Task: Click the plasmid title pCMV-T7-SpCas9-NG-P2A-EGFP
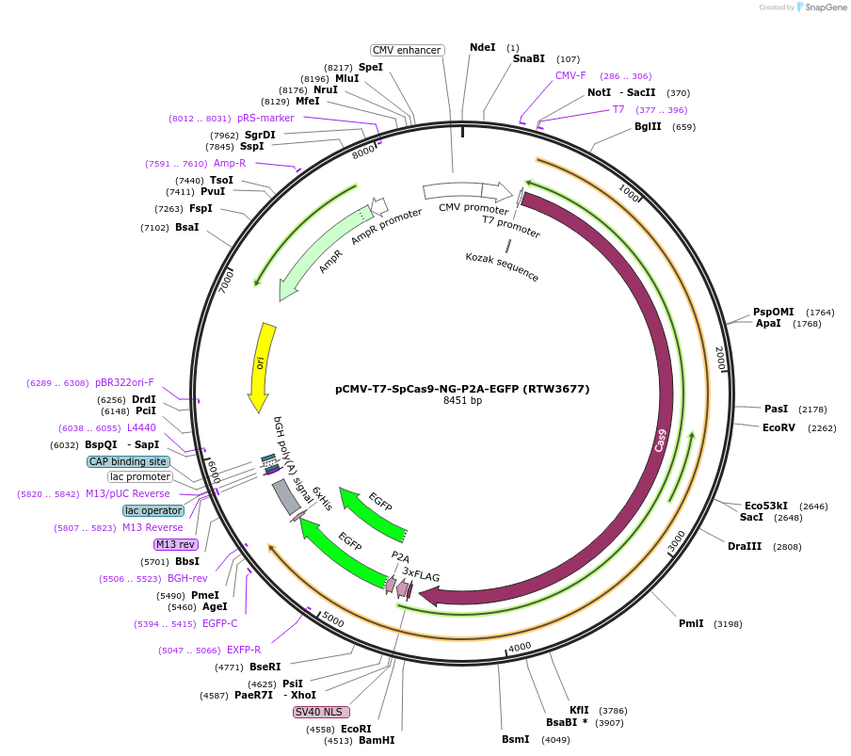pos(462,388)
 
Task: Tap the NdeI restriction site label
pos(482,48)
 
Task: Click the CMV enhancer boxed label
pos(406,50)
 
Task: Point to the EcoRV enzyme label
pos(779,427)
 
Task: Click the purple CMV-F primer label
pos(570,75)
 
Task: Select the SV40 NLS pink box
pos(321,712)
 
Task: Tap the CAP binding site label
pos(129,461)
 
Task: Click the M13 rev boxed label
pos(176,544)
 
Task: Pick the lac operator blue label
pos(153,510)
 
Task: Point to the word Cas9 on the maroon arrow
pos(662,440)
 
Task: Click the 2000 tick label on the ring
pos(720,358)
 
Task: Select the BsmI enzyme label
pos(515,739)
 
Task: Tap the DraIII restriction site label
pos(745,546)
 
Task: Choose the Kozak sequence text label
pos(502,266)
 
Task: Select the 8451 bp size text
pos(462,400)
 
